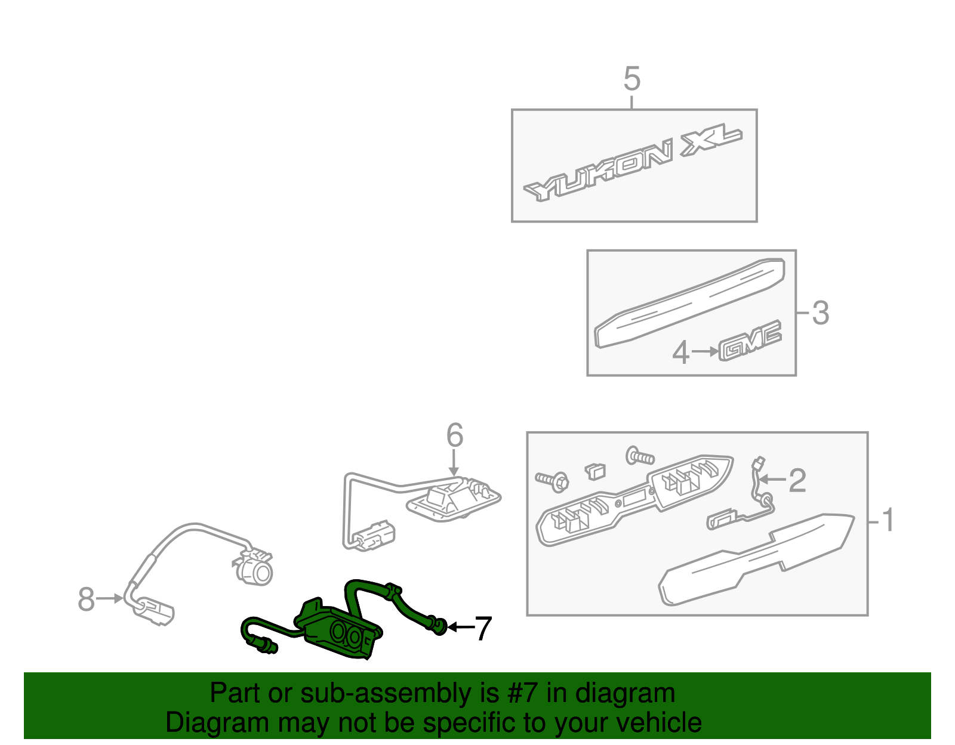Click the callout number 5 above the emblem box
[x=632, y=79]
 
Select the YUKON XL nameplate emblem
[x=633, y=165]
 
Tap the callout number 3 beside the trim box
[x=820, y=313]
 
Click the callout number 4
[x=681, y=353]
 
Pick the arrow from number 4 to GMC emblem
[x=705, y=352]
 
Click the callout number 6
[x=454, y=435]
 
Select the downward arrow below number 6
[x=454, y=463]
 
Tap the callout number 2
[x=797, y=480]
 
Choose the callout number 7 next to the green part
[x=483, y=628]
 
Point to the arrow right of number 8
[x=109, y=598]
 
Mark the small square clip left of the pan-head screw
[x=596, y=471]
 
